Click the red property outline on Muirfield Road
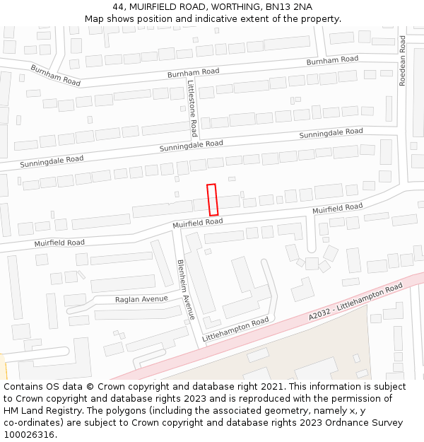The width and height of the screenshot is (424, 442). click(212, 199)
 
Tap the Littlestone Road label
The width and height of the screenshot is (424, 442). click(192, 107)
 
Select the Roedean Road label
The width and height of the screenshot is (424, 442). click(403, 60)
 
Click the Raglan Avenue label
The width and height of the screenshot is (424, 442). click(141, 299)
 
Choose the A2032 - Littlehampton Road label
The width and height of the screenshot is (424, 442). click(355, 301)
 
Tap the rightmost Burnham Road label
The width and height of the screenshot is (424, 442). click(332, 61)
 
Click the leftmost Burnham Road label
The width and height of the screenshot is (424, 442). click(55, 75)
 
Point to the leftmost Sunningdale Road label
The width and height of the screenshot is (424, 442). click(52, 161)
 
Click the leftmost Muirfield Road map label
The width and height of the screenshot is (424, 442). click(59, 243)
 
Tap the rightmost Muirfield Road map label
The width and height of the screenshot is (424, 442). click(337, 209)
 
